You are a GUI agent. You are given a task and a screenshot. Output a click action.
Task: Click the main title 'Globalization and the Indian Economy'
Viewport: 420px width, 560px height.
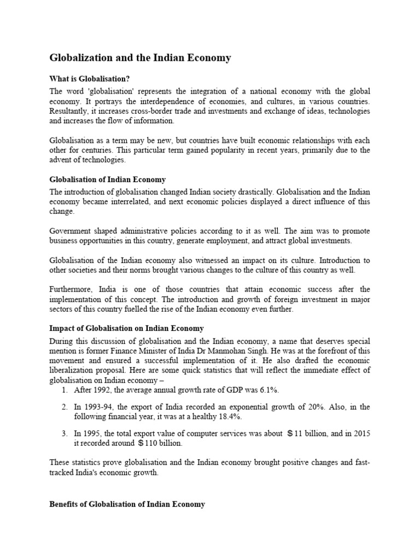point(141,57)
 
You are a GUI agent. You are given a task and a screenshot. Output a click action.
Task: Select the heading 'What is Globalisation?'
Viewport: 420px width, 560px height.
point(90,79)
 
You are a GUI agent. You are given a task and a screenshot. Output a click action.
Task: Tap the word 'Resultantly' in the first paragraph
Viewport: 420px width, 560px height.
point(69,111)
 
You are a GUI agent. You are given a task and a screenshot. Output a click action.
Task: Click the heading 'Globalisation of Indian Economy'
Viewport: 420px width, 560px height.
point(108,179)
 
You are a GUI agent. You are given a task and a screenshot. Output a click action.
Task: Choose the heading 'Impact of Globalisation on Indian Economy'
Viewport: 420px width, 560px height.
point(126,329)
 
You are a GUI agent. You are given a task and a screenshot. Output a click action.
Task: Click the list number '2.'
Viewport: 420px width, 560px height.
point(65,407)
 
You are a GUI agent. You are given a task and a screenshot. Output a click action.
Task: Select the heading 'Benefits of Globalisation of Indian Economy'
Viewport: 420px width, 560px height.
point(127,504)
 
